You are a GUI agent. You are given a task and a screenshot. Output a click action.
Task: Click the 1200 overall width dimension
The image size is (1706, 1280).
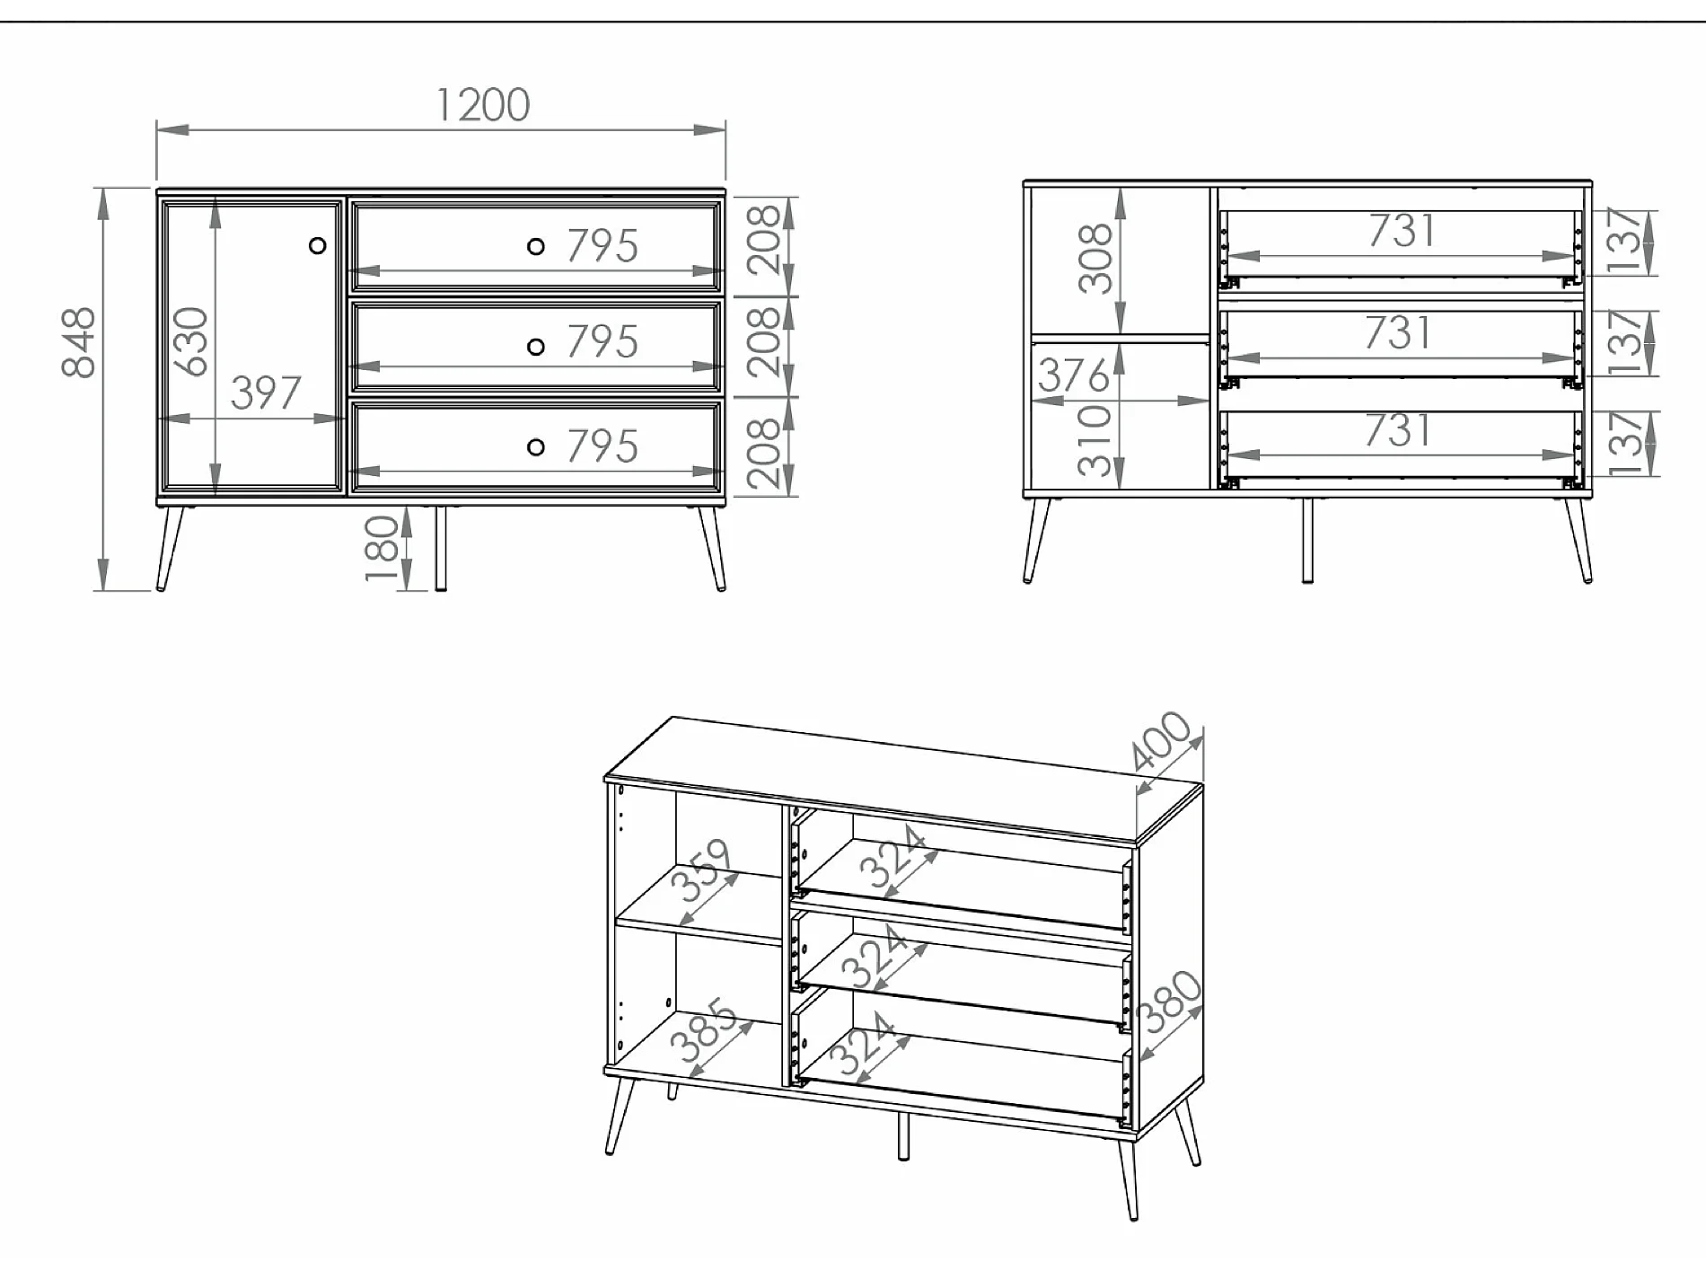pos(483,105)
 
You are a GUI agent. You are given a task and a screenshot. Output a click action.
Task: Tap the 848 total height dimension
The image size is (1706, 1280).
pos(79,343)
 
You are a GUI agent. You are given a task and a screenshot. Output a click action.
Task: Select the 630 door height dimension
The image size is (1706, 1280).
pos(191,341)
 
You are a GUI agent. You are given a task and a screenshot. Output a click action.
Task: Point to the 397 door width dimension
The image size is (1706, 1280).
pos(266,393)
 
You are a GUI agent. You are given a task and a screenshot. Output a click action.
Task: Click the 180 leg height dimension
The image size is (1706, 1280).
pos(382,548)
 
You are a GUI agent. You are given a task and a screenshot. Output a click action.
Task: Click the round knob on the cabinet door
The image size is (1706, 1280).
pos(317,245)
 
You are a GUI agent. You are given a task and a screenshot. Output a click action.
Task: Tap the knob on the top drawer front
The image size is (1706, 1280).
pos(536,246)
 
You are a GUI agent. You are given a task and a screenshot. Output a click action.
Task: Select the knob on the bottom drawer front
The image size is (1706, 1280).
pos(536,446)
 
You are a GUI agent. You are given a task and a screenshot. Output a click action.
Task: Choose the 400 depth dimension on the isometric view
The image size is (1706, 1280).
pos(1163,742)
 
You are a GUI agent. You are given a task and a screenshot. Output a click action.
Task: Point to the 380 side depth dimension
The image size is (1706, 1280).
pos(1169,1002)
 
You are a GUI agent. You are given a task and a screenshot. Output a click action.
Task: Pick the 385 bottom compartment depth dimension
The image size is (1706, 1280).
pos(704,1030)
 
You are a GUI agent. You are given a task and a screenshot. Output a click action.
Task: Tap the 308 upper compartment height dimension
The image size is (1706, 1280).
pos(1095,260)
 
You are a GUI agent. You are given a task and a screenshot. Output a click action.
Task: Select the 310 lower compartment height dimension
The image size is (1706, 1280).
pos(1095,440)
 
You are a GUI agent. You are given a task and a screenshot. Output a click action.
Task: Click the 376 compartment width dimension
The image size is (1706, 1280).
pos(1073,375)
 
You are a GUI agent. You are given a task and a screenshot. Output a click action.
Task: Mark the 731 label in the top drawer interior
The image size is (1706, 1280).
pos(1402,231)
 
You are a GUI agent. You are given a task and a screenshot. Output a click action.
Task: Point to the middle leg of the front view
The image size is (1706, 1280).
pos(440,547)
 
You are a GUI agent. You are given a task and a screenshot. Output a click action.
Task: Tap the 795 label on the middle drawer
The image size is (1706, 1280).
pos(602,342)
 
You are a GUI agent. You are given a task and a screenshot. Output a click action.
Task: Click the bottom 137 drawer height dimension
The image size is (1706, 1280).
pos(1626,444)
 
